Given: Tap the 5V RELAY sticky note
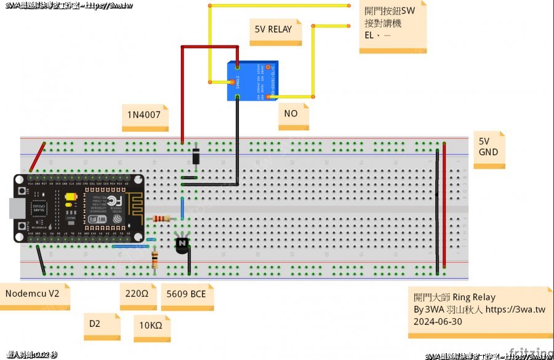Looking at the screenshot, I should [x=278, y=30].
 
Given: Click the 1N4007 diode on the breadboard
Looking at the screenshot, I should [x=196, y=157].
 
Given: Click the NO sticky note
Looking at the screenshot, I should [x=292, y=114].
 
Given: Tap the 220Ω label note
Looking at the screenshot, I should [x=137, y=294].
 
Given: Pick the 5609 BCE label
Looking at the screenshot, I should [x=186, y=294].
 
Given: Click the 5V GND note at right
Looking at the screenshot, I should [x=489, y=147].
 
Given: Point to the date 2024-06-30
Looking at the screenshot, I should [x=438, y=321].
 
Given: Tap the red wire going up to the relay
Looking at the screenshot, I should [x=182, y=92].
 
